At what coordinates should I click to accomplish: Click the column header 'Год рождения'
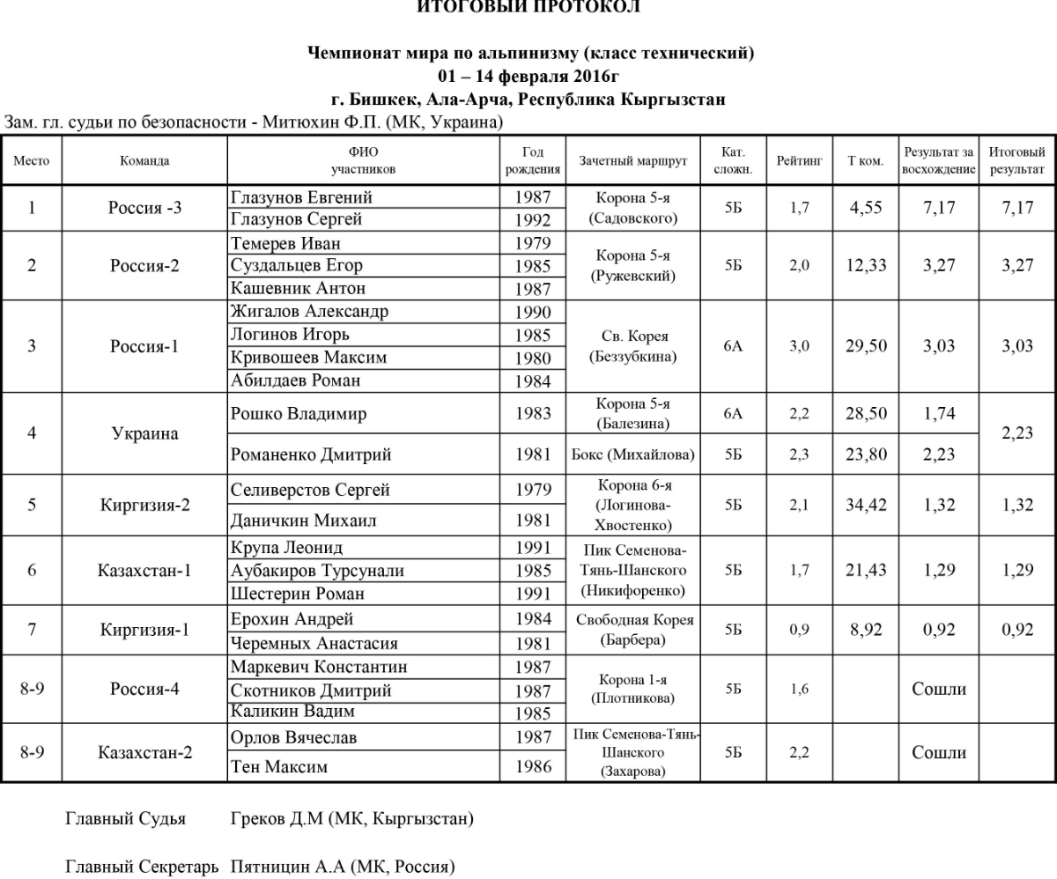pyautogui.click(x=534, y=160)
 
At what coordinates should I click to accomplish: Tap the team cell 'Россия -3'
pyautogui.click(x=144, y=209)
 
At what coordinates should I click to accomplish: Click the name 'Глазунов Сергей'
pyautogui.click(x=296, y=219)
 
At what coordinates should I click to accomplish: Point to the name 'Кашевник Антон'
pyautogui.click(x=298, y=288)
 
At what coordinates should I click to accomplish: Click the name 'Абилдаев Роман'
pyautogui.click(x=295, y=380)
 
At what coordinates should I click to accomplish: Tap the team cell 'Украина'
pyautogui.click(x=144, y=433)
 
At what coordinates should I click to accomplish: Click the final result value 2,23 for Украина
pyautogui.click(x=1017, y=433)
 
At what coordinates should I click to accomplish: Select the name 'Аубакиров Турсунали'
pyautogui.click(x=317, y=571)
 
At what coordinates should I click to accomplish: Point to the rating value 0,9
pyautogui.click(x=799, y=631)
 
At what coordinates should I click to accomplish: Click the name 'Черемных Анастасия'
pyautogui.click(x=314, y=643)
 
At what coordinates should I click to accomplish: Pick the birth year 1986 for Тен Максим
pyautogui.click(x=534, y=766)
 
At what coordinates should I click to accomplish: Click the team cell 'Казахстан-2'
pyautogui.click(x=144, y=753)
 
